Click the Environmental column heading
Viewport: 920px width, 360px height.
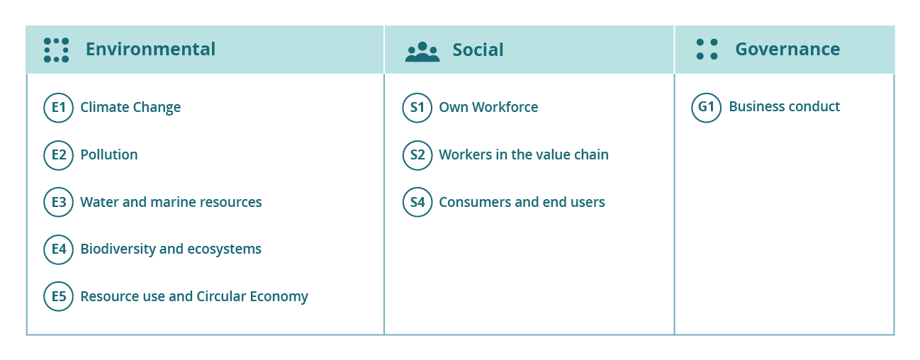tap(150, 50)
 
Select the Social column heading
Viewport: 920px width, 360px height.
tap(478, 50)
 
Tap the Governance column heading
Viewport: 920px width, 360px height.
tap(787, 50)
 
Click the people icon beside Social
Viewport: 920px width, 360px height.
tap(422, 52)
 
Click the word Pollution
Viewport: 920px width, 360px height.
tap(109, 154)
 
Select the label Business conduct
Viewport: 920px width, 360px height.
tap(785, 107)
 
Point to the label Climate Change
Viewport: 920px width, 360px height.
tap(130, 108)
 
